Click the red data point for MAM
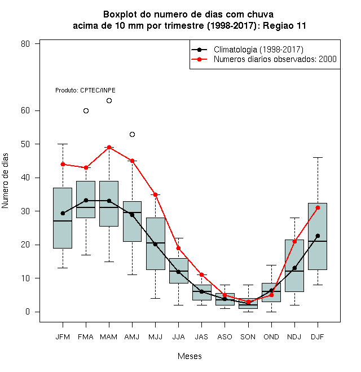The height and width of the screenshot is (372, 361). tap(109, 147)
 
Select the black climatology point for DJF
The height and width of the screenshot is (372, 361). tap(318, 236)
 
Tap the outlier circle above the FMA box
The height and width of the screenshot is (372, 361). tap(86, 111)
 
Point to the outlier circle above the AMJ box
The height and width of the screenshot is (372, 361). tap(133, 135)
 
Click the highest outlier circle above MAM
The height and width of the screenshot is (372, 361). tap(109, 100)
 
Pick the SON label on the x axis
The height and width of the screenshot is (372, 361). tap(248, 337)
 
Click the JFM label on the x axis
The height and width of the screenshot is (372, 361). tap(63, 337)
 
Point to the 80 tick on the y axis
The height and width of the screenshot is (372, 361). tap(25, 43)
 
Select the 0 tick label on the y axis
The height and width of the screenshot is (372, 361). tap(28, 312)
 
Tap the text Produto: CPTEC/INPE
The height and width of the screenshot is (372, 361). tap(85, 90)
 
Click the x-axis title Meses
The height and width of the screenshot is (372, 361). tap(190, 356)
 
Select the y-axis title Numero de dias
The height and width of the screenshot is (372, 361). tap(5, 181)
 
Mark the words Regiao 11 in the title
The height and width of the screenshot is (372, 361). tap(284, 25)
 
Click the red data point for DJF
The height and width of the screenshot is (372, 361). tap(318, 208)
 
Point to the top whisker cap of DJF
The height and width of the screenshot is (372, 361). tap(318, 157)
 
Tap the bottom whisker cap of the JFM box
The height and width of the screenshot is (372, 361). tap(63, 268)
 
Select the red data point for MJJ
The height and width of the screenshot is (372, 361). tap(155, 195)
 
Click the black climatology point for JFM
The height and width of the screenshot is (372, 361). tap(63, 213)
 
